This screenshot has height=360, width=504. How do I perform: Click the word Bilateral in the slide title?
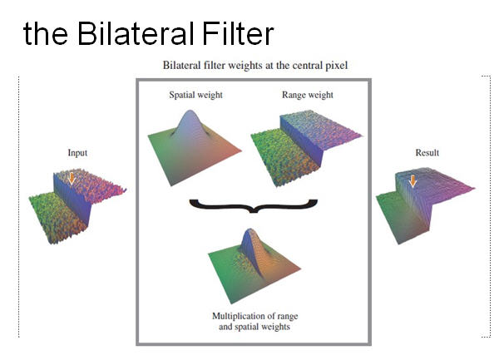coord(136,33)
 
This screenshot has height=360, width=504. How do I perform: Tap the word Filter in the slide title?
coord(238,33)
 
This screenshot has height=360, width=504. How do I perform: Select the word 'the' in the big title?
coord(46,34)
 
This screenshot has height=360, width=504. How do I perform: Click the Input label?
coord(77,153)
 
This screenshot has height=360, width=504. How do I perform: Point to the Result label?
coord(427,153)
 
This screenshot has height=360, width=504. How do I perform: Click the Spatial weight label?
coord(195,95)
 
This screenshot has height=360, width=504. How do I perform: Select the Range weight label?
coord(308,95)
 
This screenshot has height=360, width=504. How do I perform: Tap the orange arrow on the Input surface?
coord(72,179)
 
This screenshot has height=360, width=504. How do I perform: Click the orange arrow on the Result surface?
coord(413,181)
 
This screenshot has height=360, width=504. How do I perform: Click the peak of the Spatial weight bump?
coord(190,111)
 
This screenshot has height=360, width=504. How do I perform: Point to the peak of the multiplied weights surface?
coord(250,229)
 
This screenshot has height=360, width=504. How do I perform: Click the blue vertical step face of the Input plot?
coord(72,200)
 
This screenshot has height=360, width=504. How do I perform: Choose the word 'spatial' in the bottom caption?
coord(247,327)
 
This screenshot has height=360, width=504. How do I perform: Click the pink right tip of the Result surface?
coord(473,189)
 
